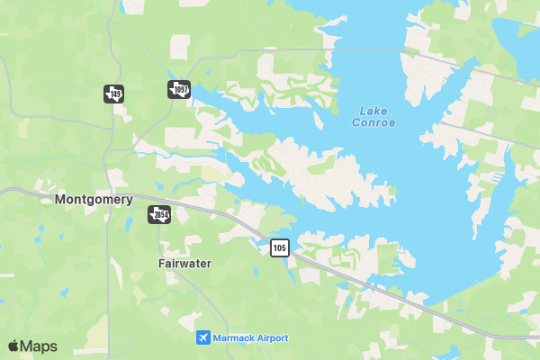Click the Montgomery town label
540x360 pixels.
[x=94, y=200]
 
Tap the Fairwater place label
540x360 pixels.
[x=184, y=265]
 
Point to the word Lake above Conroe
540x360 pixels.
[x=373, y=111]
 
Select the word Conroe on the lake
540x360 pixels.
[x=373, y=123]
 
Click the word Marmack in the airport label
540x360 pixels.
[x=238, y=337]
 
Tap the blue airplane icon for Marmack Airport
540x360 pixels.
[x=203, y=337]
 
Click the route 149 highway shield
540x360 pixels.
[x=113, y=93]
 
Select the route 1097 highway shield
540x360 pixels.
[x=179, y=89]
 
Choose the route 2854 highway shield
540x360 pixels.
[x=159, y=214]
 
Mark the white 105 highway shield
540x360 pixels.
[x=279, y=247]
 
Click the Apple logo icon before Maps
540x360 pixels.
[x=13, y=346]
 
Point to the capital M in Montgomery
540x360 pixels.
[x=59, y=200]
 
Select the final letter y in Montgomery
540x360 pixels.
[x=130, y=201]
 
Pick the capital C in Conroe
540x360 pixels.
[x=355, y=123]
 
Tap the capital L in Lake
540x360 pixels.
[x=363, y=111]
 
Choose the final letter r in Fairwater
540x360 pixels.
[x=209, y=265]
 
